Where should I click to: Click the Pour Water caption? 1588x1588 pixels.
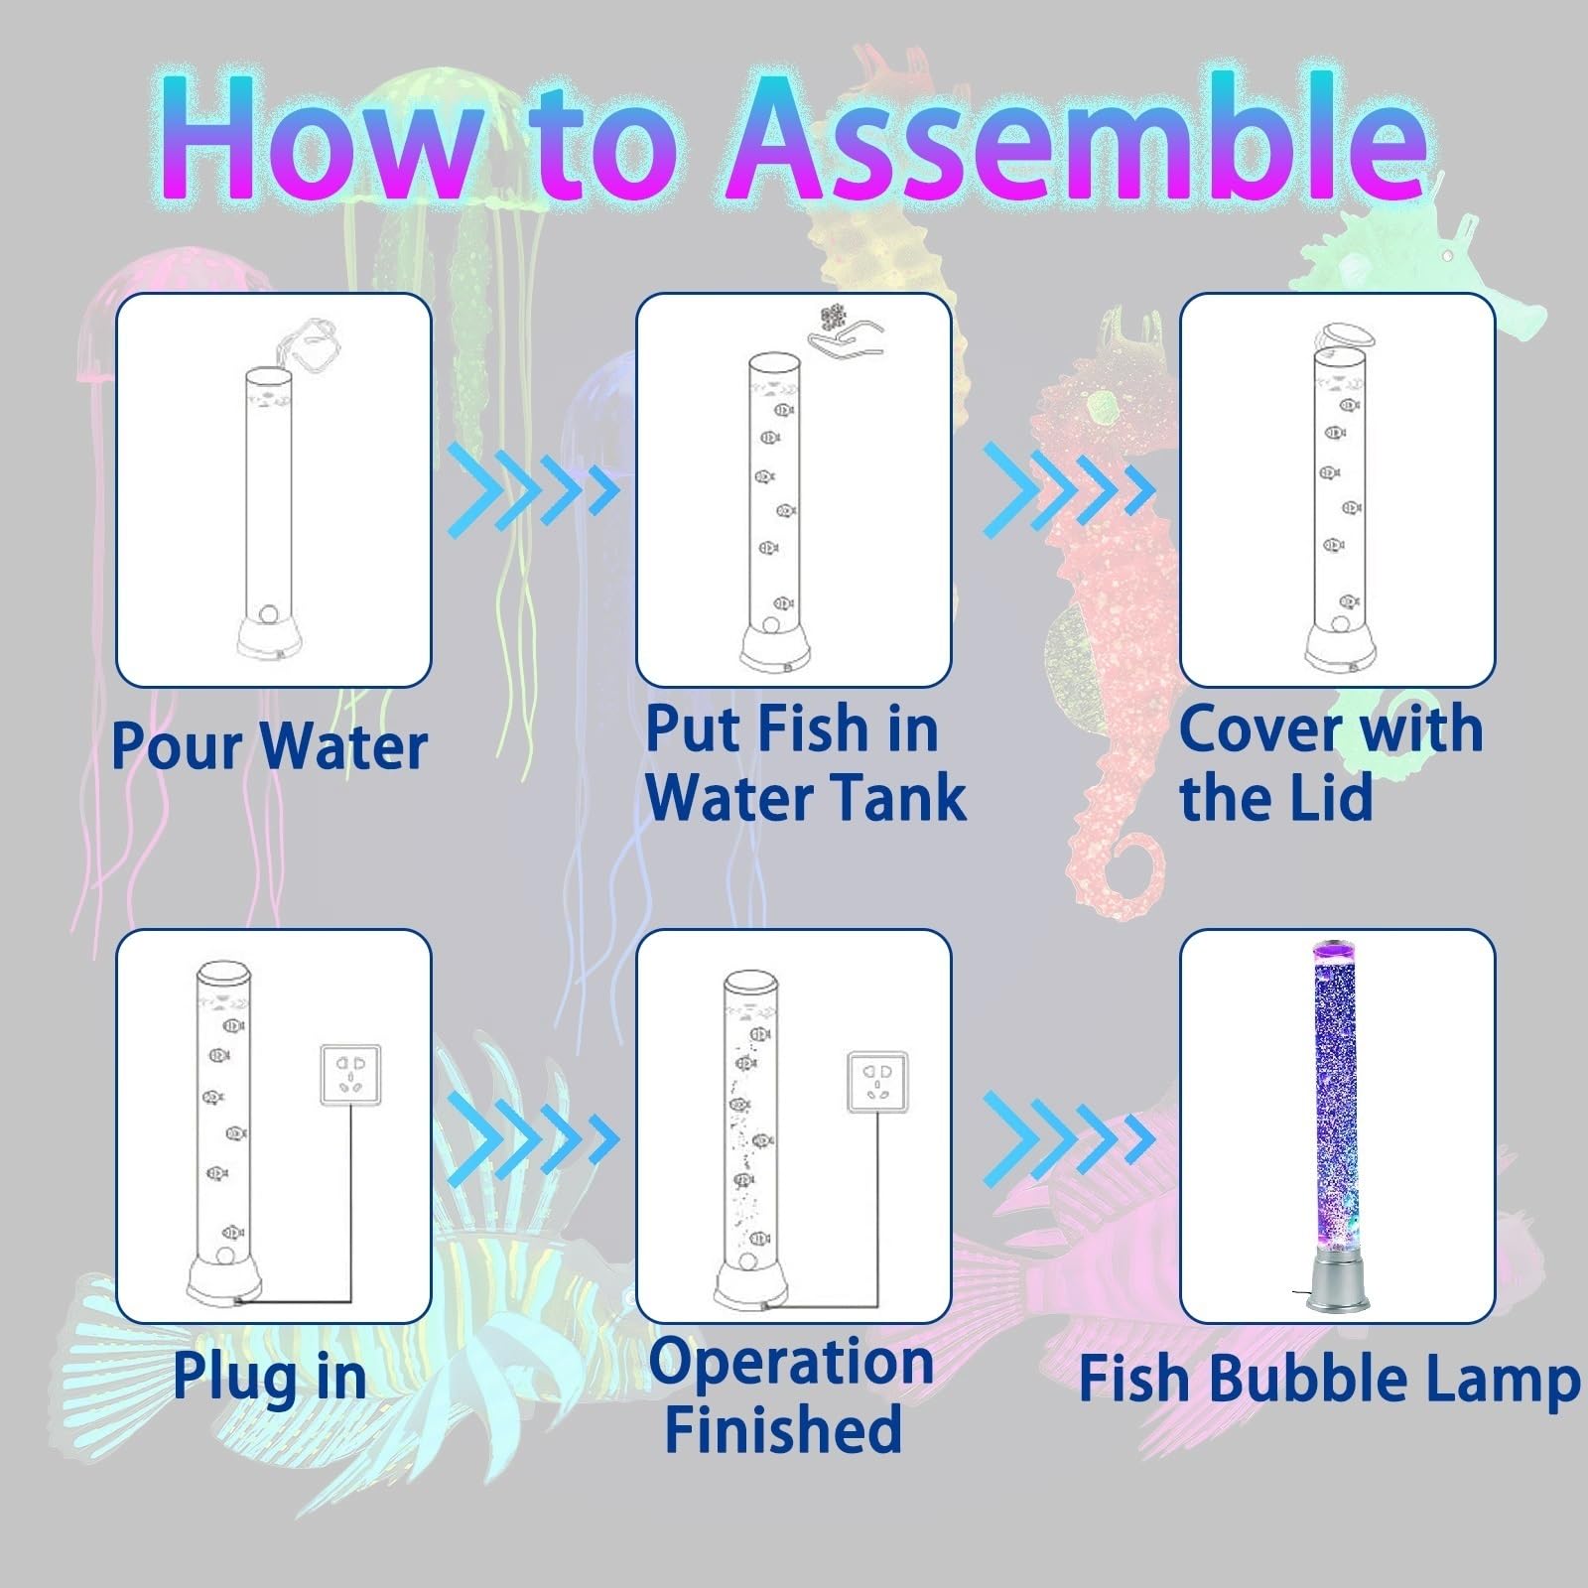[269, 745]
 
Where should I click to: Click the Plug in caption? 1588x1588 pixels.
[269, 1379]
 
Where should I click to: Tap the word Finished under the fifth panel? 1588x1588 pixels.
[783, 1429]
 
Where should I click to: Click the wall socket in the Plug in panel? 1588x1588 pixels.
[349, 1075]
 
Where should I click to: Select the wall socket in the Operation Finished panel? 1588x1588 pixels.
[877, 1082]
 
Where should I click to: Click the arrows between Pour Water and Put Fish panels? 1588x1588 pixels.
[533, 489]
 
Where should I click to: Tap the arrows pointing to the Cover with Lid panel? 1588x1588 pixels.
[1069, 489]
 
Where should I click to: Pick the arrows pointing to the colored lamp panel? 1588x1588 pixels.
[1069, 1140]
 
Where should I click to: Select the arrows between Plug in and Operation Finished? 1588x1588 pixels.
[533, 1140]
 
